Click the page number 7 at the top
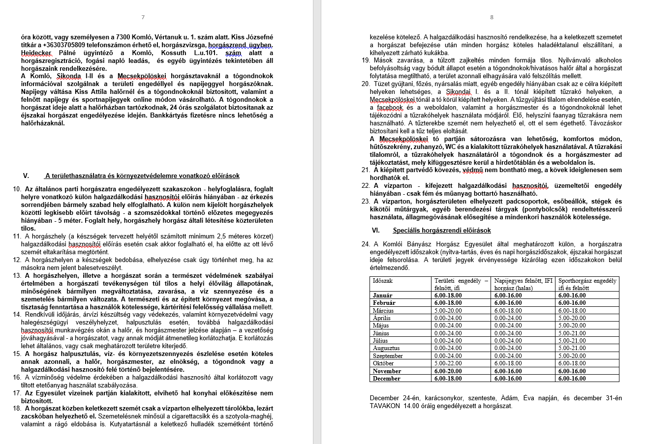(143, 17)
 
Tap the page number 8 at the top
(492, 17)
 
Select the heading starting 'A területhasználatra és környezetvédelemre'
(142, 176)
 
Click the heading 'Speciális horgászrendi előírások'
(441, 230)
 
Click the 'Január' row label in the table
(383, 296)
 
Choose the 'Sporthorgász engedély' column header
(587, 281)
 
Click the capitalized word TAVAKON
(385, 406)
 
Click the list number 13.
(16, 275)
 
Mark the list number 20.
(365, 84)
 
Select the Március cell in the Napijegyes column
(508, 311)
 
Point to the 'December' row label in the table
(386, 379)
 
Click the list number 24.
(365, 244)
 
